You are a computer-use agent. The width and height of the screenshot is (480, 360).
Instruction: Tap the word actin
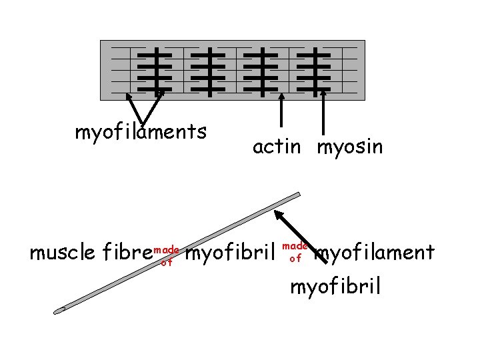tap(277, 147)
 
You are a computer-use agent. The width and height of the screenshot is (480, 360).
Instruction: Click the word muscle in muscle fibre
tap(64, 253)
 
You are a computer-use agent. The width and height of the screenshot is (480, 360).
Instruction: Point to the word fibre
tap(127, 253)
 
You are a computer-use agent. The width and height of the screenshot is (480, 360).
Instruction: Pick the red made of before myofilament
tap(295, 252)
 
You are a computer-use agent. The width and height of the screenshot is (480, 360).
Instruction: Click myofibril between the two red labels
tap(231, 253)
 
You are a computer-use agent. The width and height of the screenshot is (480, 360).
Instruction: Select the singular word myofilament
tap(375, 253)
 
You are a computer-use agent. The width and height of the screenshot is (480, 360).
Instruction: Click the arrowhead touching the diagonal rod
tap(279, 216)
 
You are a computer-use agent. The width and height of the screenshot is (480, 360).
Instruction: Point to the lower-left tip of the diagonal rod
tap(59, 310)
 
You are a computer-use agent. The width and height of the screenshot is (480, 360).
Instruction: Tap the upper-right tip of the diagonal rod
tap(297, 195)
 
